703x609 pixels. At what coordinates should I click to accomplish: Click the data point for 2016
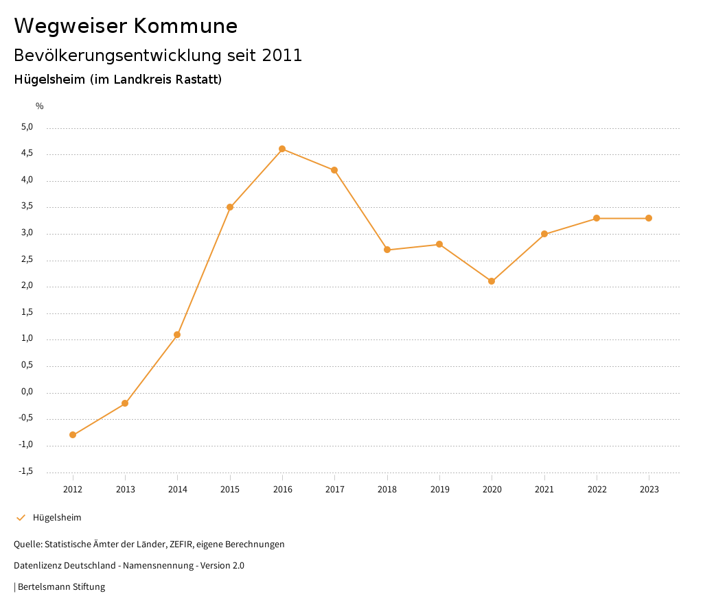click(282, 149)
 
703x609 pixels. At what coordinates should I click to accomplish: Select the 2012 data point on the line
click(73, 435)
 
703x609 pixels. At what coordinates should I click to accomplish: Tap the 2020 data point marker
click(492, 281)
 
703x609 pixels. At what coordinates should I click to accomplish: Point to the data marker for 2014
click(177, 335)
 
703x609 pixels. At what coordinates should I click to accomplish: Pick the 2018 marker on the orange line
click(387, 250)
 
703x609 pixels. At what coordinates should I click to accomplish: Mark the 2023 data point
click(649, 218)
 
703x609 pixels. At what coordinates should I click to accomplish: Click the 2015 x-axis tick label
click(230, 489)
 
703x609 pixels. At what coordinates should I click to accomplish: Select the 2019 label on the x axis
click(439, 489)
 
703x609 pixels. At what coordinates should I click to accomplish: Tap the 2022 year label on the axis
click(597, 489)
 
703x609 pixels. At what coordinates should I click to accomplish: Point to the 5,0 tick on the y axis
click(27, 127)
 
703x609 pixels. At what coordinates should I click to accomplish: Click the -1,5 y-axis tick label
click(26, 471)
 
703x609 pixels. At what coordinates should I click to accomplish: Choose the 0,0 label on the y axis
click(27, 392)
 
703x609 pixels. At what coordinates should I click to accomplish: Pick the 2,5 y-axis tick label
click(27, 260)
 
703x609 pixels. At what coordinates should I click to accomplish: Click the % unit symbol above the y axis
click(40, 106)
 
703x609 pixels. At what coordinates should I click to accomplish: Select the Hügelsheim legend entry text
click(57, 517)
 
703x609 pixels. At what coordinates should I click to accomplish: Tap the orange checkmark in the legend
click(21, 517)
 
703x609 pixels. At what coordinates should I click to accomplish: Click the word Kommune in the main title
click(185, 26)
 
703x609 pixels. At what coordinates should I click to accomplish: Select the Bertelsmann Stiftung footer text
click(61, 586)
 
